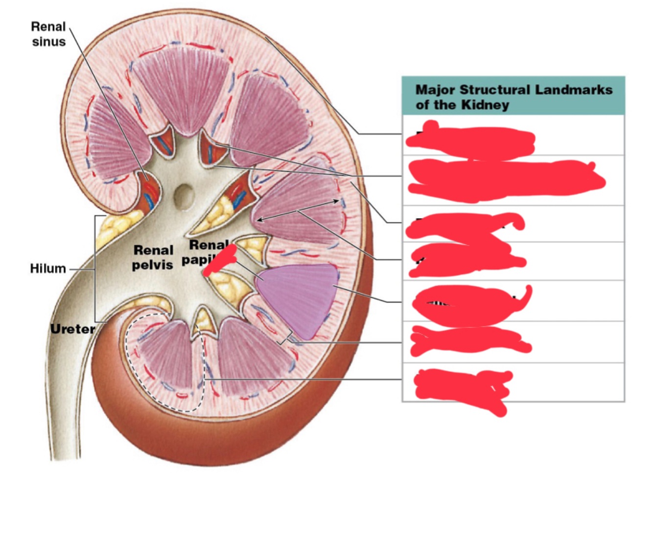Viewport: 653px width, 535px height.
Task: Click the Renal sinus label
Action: pos(48,34)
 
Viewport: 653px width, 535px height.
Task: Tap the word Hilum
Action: pos(47,268)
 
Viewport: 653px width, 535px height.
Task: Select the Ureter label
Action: pos(72,329)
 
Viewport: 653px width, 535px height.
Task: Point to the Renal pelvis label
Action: pos(153,257)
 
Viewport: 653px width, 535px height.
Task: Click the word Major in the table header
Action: pos(436,90)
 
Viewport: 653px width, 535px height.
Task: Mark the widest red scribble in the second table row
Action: pos(504,180)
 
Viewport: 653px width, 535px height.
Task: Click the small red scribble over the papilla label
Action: pos(220,260)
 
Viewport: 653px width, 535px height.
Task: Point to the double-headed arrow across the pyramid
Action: pos(298,211)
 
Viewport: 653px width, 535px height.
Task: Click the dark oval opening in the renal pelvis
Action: pos(185,197)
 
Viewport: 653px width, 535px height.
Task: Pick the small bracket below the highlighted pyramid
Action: pos(284,338)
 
